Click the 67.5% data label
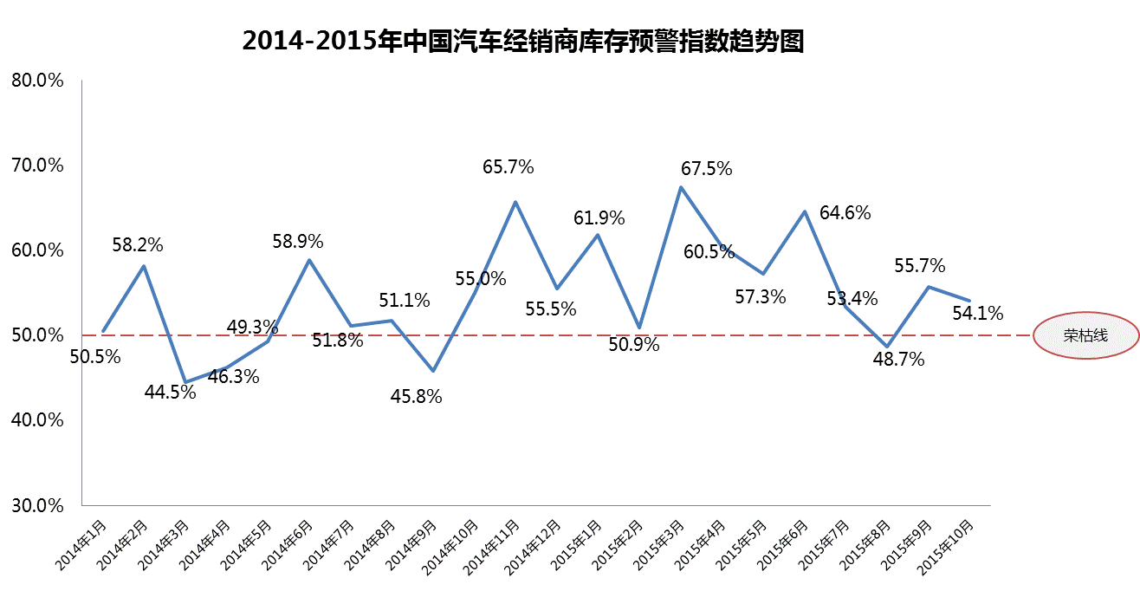point(705,168)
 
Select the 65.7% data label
point(508,166)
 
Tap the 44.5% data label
point(170,392)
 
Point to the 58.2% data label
point(138,244)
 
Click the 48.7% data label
point(898,358)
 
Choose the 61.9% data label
point(599,218)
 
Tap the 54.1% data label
point(977,312)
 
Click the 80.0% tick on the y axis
point(37,81)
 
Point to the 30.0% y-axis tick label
point(37,504)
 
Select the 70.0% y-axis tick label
point(37,165)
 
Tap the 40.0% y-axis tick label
point(37,419)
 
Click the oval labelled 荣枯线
point(1085,336)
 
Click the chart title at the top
point(524,42)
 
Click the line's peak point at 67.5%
point(682,186)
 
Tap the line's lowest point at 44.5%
point(185,382)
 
